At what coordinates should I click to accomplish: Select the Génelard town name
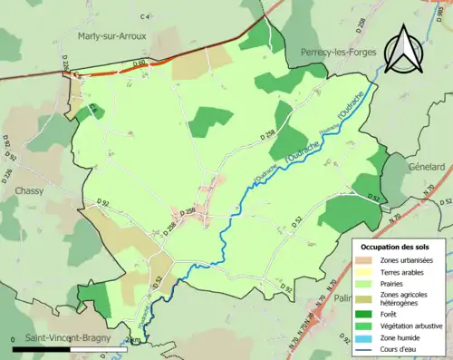point(425,167)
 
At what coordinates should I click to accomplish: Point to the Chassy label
point(31,191)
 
